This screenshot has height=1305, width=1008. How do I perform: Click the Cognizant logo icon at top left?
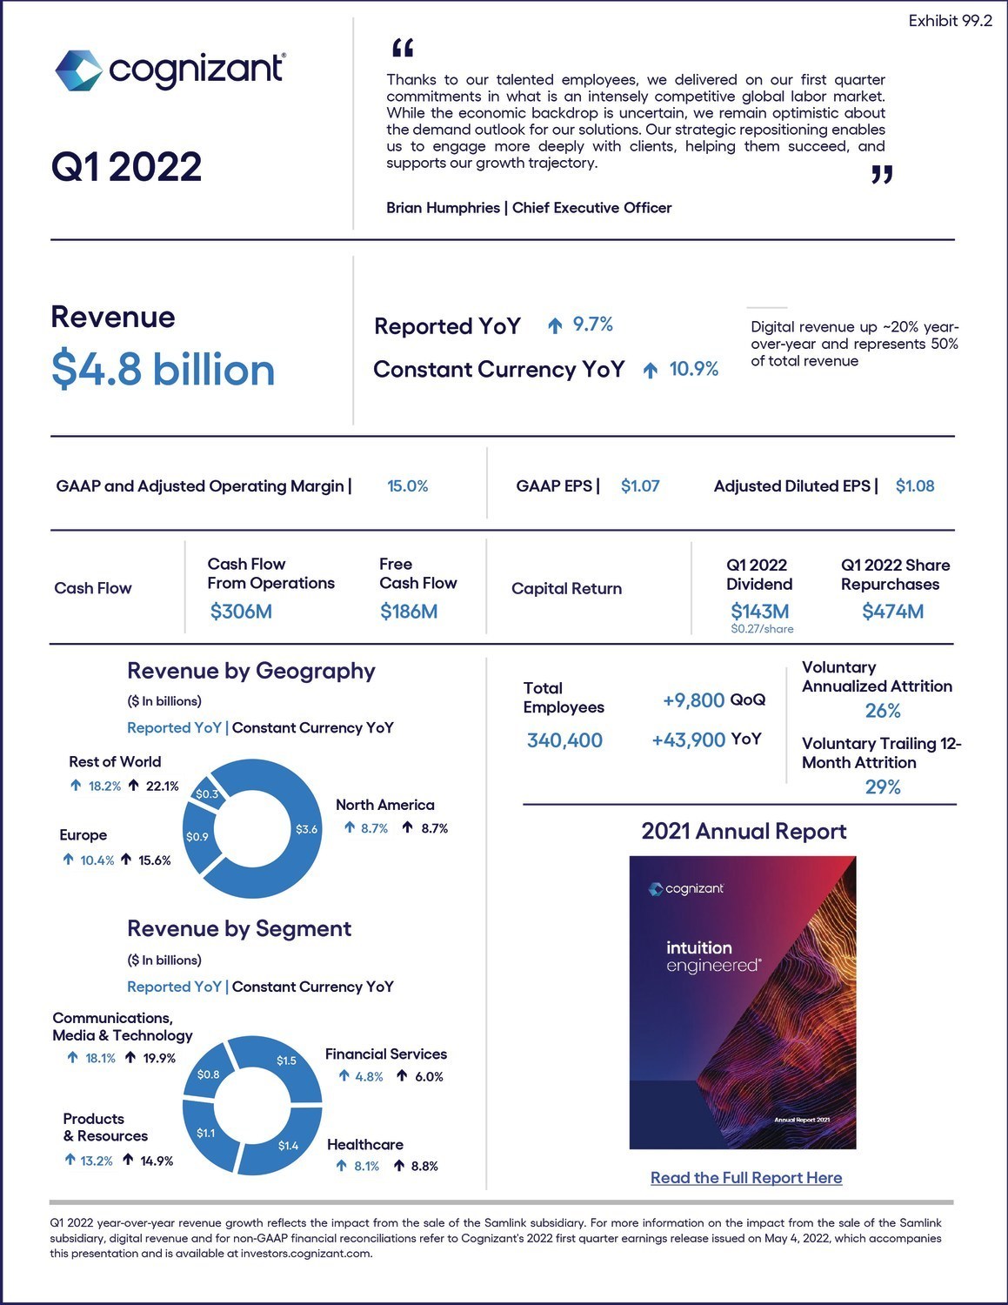[x=78, y=70]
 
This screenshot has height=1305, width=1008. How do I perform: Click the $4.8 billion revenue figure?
[x=163, y=369]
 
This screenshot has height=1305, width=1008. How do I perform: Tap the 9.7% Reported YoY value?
[x=592, y=325]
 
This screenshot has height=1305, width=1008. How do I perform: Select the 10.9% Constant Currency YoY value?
[x=693, y=369]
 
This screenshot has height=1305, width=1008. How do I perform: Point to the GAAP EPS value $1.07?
[x=640, y=485]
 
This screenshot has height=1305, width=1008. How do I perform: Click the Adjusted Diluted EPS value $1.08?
[x=915, y=485]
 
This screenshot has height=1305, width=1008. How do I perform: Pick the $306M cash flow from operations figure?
[x=241, y=612]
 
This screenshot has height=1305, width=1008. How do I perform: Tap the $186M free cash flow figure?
[x=409, y=612]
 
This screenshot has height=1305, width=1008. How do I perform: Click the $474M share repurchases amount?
[x=892, y=612]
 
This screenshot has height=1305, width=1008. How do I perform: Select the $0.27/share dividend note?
[x=762, y=628]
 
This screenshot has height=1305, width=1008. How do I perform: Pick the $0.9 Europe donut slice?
[x=197, y=837]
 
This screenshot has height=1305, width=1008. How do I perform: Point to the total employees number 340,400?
[x=564, y=740]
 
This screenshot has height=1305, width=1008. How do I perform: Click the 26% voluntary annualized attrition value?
[x=883, y=711]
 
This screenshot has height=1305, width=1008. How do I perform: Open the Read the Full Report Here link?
[x=746, y=1177]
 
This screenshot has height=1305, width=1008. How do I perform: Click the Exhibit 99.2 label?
[x=950, y=21]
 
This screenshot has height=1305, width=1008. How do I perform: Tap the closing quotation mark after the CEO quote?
[x=882, y=176]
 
